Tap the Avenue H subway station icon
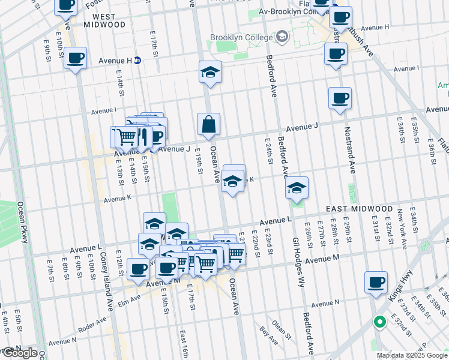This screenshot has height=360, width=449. [137, 60]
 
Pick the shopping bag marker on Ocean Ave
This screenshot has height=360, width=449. [208, 125]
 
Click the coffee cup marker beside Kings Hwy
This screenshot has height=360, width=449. [376, 282]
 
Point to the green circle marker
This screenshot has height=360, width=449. [379, 323]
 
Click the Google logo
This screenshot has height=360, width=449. [19, 353]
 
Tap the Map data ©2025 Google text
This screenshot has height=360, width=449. [412, 355]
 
